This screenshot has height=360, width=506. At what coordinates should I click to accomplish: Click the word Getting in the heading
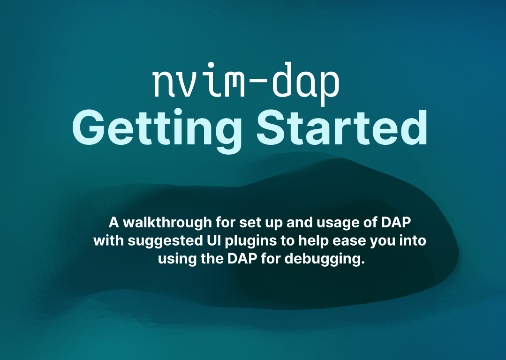coord(157,131)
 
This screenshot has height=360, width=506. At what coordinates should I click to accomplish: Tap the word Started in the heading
coord(342,128)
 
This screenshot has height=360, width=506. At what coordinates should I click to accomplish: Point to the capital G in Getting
coord(87,128)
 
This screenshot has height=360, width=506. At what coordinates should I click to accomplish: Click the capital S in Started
coord(271,128)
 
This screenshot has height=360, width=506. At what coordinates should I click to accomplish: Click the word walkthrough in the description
coord(167,223)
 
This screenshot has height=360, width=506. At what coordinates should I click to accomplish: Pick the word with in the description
coord(109,240)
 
